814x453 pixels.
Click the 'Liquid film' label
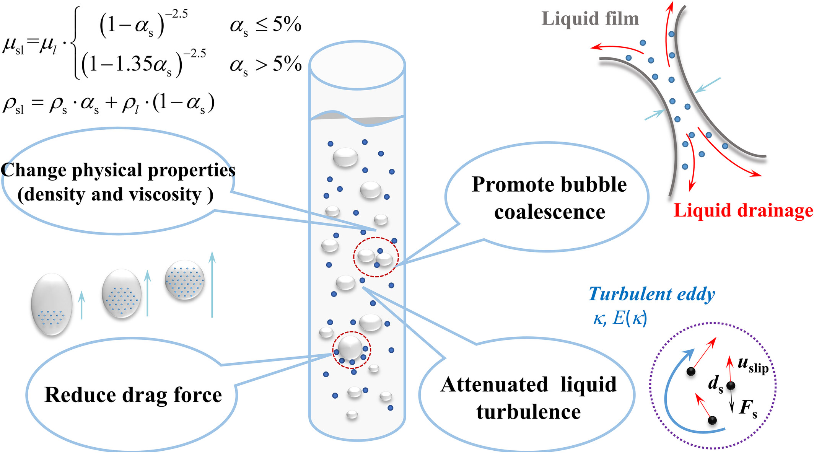tap(590, 19)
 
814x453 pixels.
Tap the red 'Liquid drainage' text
tap(743, 210)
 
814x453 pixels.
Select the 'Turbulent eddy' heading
tap(651, 294)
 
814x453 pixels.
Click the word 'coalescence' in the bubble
tap(549, 212)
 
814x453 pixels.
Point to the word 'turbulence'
tap(528, 412)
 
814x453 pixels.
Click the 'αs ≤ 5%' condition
tap(265, 25)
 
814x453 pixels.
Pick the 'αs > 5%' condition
tap(265, 64)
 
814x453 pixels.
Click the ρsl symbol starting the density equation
tap(14, 104)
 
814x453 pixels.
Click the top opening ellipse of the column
tap(357, 65)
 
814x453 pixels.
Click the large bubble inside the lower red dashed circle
tap(350, 347)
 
